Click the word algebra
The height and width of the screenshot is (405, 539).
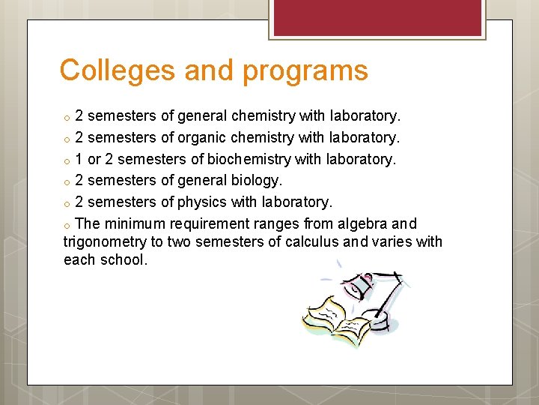click(x=362, y=223)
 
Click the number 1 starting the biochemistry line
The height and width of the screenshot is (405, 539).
click(x=79, y=159)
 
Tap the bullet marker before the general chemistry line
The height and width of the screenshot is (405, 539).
click(x=67, y=117)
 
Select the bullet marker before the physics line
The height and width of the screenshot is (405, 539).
click(x=67, y=204)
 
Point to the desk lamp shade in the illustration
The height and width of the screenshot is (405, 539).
click(x=359, y=284)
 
